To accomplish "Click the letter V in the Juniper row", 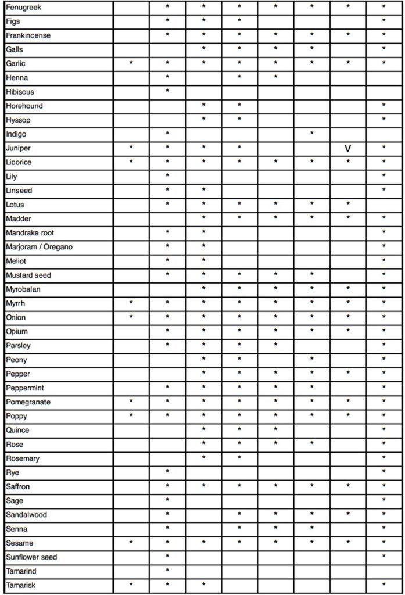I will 347,149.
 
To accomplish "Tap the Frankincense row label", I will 28,35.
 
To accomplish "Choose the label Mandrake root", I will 30,233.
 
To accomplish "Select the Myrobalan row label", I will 23,289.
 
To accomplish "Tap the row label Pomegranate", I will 28,402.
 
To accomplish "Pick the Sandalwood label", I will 26,515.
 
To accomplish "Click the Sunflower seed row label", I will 31,557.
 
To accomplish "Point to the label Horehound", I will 24,106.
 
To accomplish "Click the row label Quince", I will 17,431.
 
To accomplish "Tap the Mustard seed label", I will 28,275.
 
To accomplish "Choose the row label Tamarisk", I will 20,585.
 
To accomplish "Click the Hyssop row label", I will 18,120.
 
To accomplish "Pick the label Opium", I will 17,332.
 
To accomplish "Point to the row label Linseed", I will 19,191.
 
